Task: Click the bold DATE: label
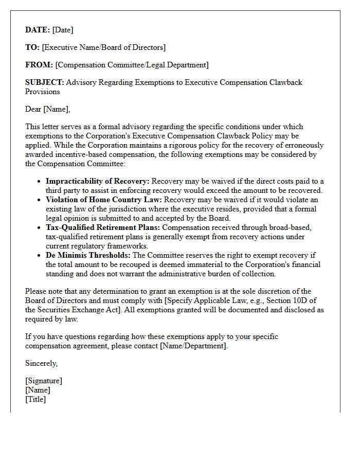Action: coord(38,30)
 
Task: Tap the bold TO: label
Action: coord(32,47)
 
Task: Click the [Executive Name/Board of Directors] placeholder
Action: coord(104,47)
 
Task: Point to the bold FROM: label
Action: coord(39,65)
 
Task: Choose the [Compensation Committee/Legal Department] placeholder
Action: coord(132,65)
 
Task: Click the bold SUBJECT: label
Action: coord(45,82)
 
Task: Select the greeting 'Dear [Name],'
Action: coord(48,109)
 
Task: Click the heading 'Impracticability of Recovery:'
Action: coord(98,181)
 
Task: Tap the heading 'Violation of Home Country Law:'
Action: coord(103,200)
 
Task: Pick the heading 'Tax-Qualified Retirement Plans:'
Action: coord(102,227)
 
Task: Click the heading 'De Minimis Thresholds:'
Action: coord(88,255)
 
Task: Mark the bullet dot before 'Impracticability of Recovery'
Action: coord(40,182)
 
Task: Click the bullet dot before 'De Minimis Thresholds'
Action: coord(40,256)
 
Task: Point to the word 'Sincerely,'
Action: coord(42,363)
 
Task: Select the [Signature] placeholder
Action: coord(44,381)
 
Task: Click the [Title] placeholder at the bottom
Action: coord(35,399)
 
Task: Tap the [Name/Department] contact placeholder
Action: coord(193,346)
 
